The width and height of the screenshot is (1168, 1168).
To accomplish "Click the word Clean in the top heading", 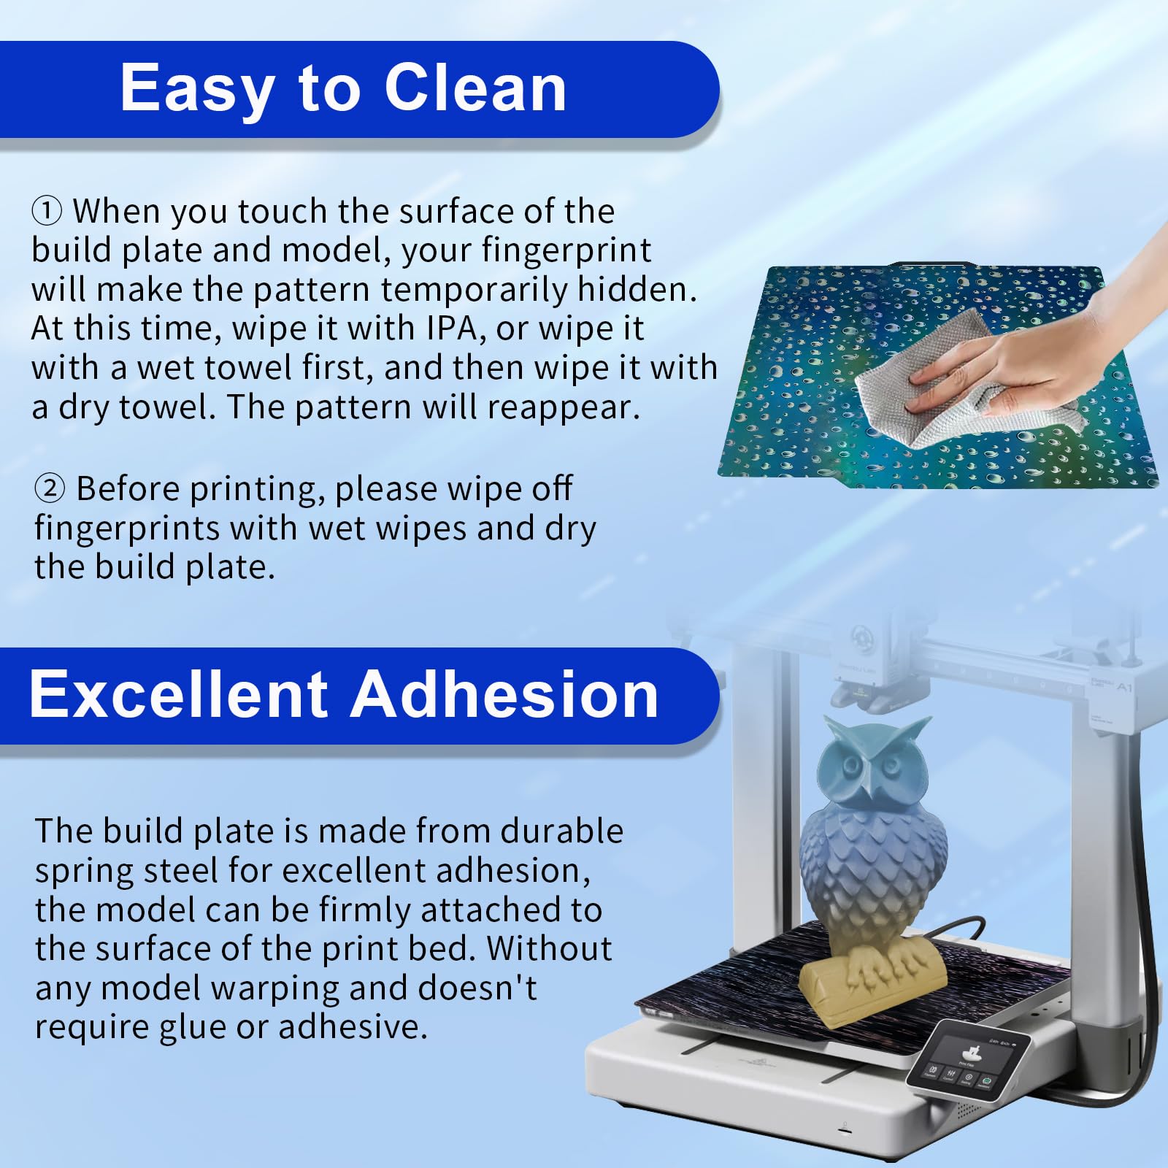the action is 475,88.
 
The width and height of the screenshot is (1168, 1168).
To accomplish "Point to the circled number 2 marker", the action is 50,488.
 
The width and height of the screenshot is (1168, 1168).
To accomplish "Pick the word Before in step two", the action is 128,488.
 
